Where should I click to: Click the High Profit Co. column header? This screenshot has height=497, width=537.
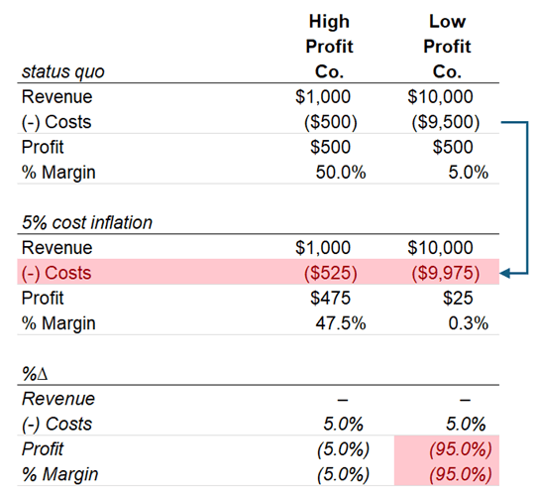329,47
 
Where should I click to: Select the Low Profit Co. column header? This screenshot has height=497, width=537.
447,47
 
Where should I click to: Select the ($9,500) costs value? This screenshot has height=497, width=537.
447,122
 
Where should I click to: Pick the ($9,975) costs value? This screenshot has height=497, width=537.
447,272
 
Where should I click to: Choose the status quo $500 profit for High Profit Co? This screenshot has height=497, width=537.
332,147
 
